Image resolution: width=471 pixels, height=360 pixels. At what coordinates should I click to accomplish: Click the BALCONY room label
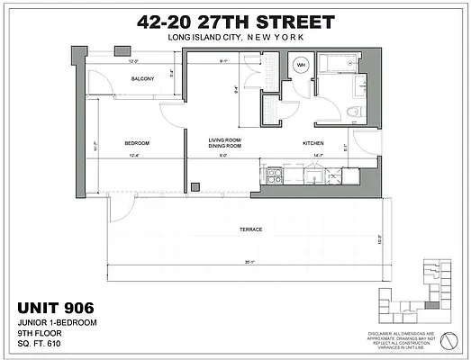(x=141, y=79)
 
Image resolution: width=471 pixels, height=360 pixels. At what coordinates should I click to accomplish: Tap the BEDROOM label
(x=136, y=144)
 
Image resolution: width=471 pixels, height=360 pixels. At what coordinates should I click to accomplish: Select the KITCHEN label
(x=312, y=144)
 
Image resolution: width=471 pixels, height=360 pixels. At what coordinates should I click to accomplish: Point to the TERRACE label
(x=251, y=229)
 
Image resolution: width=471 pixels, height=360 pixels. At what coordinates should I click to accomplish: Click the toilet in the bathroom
(x=352, y=112)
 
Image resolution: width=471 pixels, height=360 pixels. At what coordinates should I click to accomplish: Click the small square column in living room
(x=195, y=186)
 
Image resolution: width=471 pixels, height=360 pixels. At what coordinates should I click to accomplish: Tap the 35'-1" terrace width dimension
(x=249, y=262)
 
